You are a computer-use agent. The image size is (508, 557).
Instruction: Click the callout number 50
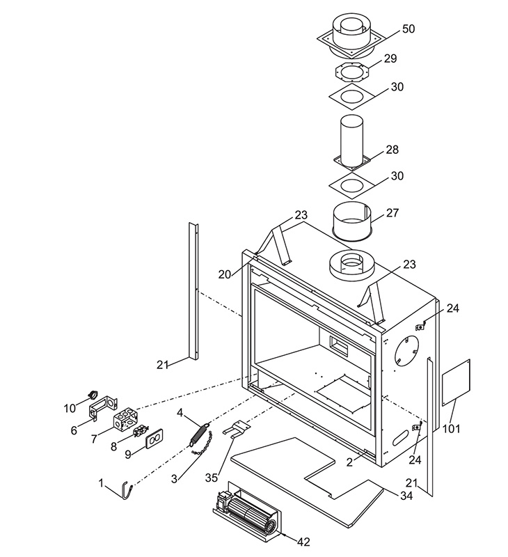coord(408,29)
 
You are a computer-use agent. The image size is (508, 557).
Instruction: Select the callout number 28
coord(392,150)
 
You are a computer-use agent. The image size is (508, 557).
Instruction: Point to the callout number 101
coord(452,429)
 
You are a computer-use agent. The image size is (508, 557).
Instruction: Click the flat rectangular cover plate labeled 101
coord(456,382)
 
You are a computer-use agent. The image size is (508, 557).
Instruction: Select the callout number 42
coord(303,542)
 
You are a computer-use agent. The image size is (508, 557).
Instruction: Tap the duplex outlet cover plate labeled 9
coord(154,441)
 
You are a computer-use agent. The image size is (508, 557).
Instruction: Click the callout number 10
coord(70,409)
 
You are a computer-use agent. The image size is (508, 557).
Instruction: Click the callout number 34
coord(406,495)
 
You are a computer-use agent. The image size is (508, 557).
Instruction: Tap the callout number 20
coord(224,274)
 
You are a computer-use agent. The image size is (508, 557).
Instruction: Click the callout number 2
coord(349,462)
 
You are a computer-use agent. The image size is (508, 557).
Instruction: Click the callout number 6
coord(74,430)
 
